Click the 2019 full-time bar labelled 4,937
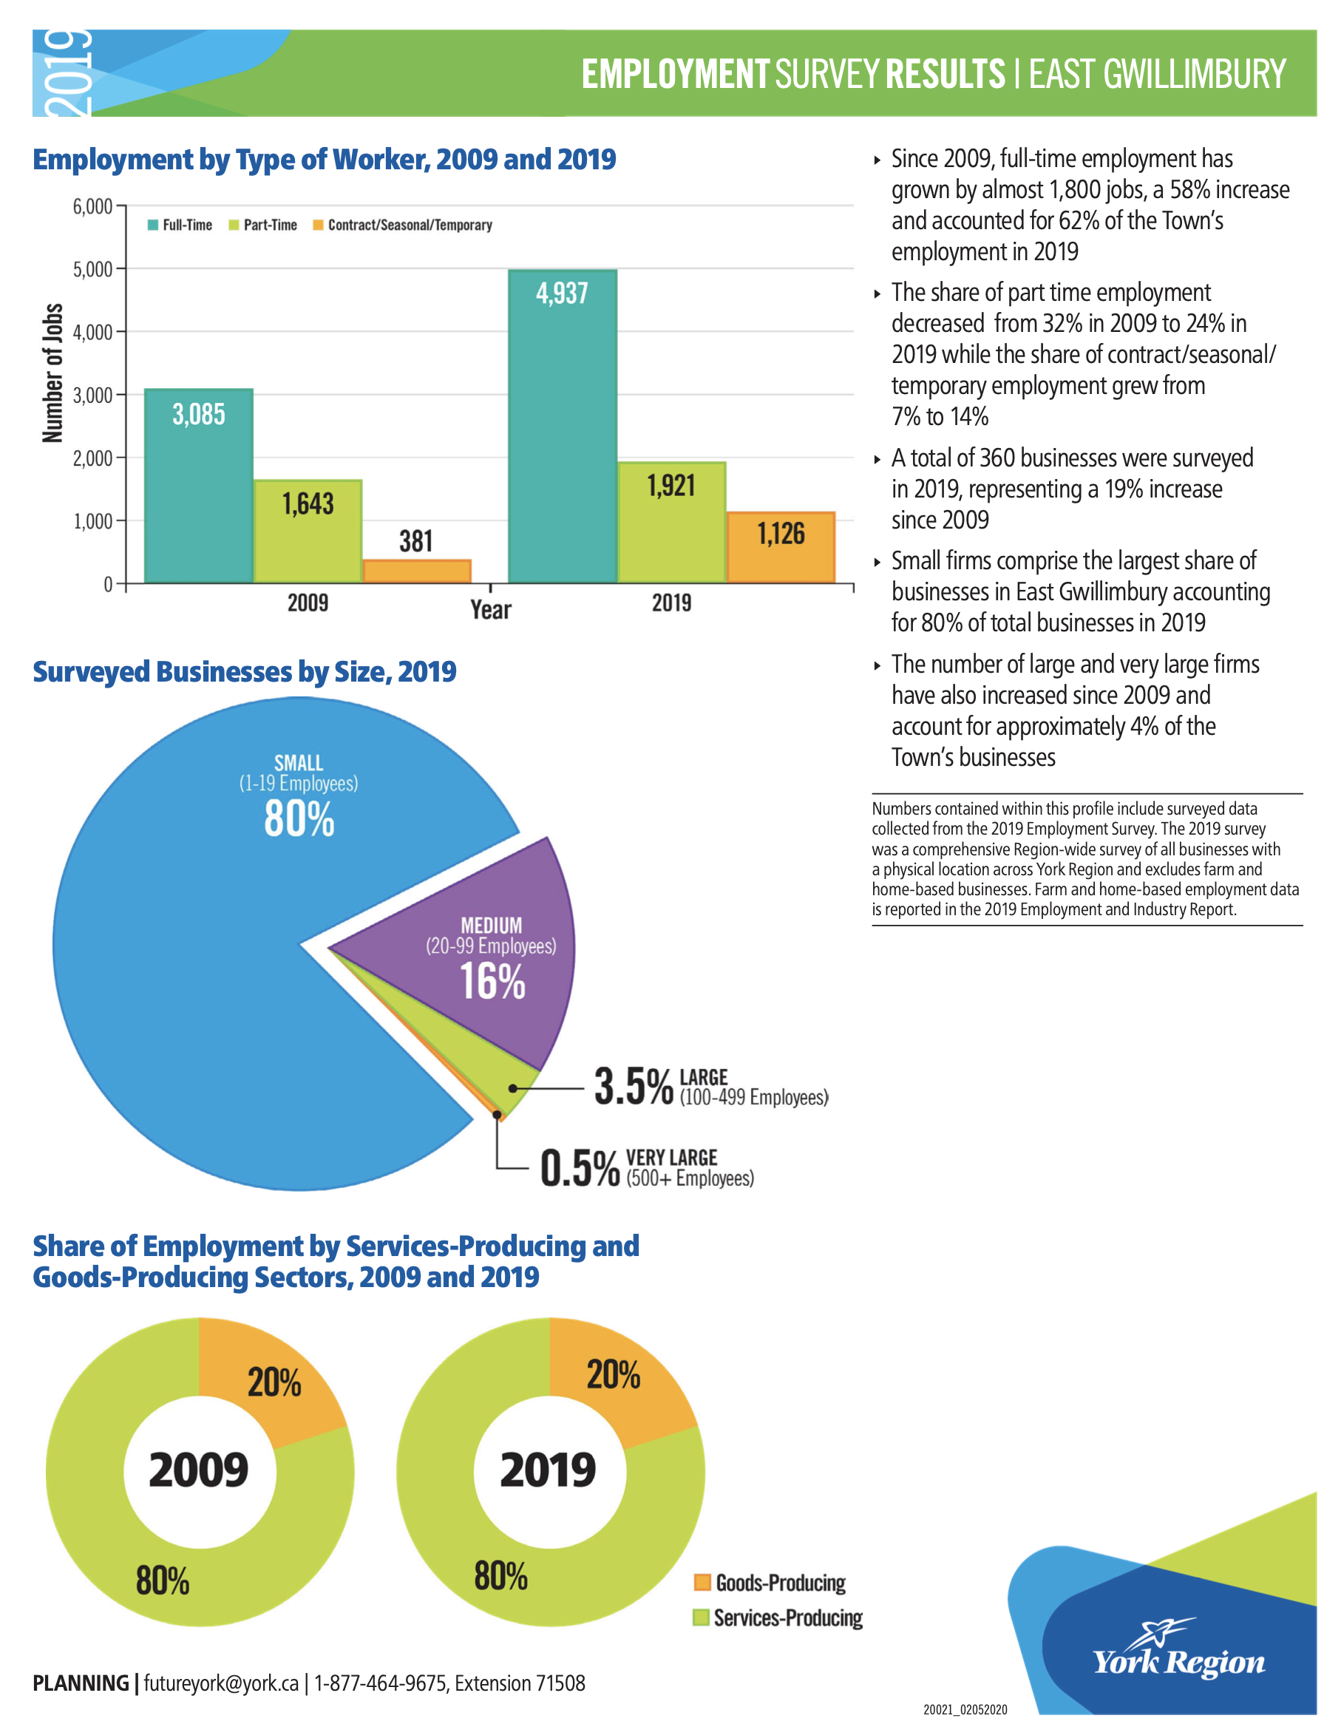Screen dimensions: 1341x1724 coord(562,427)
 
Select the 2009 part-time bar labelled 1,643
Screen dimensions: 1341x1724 coord(308,532)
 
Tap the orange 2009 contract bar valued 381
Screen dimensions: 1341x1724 coord(417,571)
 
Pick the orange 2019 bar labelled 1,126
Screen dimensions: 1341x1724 coord(781,548)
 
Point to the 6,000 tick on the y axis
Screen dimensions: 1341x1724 coord(92,207)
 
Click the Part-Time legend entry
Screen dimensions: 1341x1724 coord(263,225)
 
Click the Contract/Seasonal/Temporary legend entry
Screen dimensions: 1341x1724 coord(403,225)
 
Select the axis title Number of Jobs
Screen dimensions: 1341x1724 coord(52,373)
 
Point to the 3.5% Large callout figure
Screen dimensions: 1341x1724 coord(634,1086)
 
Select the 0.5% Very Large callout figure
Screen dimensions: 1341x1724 coord(580,1168)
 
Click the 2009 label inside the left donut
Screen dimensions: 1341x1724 coord(198,1470)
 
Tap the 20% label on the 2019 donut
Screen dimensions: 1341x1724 coord(614,1374)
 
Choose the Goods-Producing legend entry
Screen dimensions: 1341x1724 coord(770,1583)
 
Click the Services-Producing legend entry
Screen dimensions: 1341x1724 coord(778,1618)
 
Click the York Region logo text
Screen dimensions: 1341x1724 coord(1178,1663)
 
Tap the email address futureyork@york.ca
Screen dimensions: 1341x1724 coord(221,1684)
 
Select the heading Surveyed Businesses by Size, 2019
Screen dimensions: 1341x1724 coord(245,672)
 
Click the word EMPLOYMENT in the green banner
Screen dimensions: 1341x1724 coord(676,74)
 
